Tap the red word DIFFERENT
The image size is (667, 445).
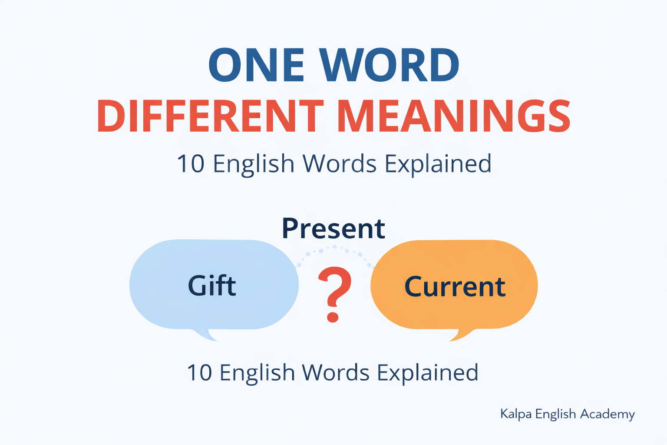(x=210, y=116)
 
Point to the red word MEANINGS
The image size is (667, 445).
(x=453, y=116)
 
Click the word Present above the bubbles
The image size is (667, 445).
(x=333, y=229)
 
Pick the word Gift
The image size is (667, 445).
(x=212, y=286)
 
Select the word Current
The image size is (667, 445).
(x=455, y=286)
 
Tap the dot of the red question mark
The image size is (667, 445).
(x=333, y=316)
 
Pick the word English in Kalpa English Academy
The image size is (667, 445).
(x=555, y=414)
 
